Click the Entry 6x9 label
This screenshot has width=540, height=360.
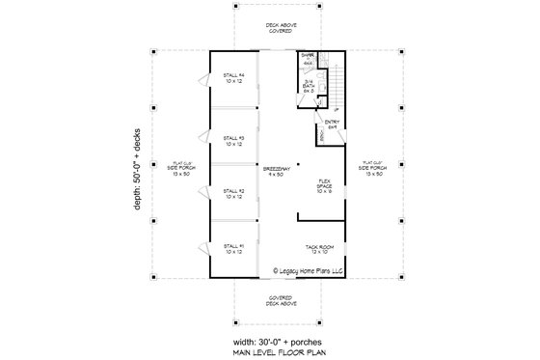coord(332,123)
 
